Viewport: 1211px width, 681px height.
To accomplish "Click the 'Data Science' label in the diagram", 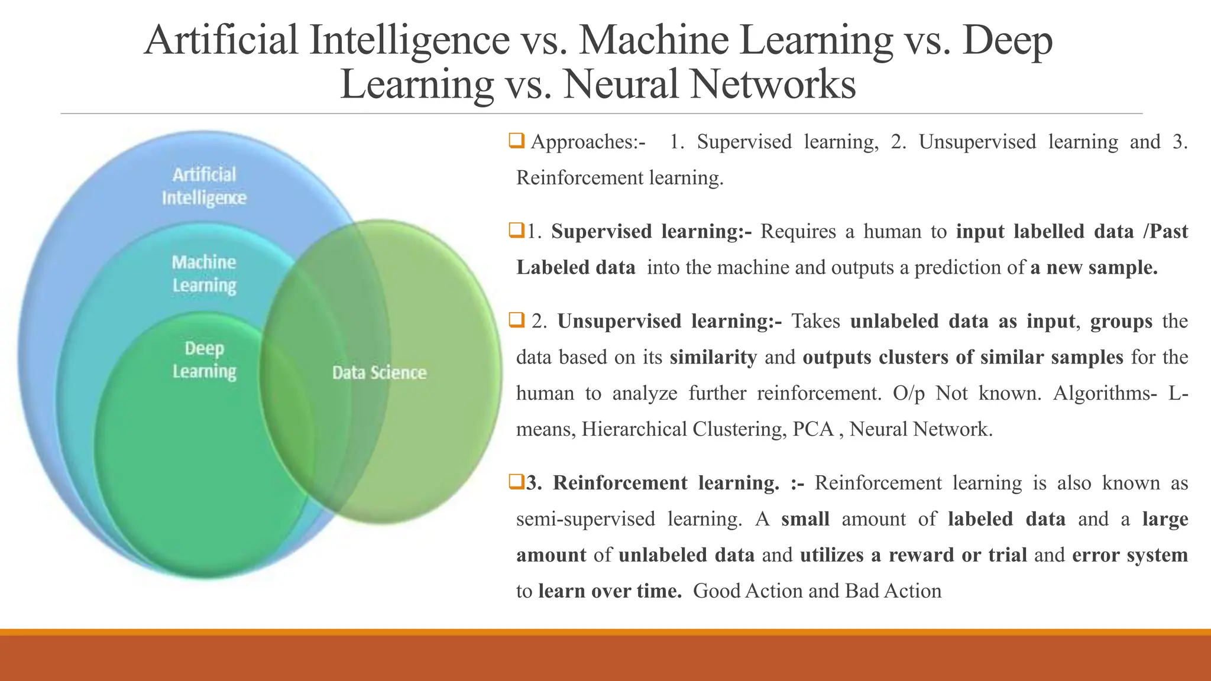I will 379,372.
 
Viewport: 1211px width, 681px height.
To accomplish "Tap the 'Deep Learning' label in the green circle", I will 204,359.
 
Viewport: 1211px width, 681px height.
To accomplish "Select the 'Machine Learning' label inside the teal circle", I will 204,273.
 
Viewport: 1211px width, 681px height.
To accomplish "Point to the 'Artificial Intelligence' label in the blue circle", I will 204,186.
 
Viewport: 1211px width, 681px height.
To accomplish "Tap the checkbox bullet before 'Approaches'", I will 516,141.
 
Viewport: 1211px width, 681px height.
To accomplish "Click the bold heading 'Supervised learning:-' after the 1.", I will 652,231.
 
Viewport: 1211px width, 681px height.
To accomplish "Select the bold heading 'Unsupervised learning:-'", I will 669,321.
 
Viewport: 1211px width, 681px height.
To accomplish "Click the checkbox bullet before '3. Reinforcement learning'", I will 516,482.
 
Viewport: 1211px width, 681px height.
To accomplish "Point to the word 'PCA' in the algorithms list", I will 812,429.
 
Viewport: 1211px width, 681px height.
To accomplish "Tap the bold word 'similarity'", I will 713,357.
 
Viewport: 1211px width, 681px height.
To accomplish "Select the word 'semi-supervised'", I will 585,519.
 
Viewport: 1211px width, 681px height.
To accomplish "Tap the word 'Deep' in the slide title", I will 1007,40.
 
